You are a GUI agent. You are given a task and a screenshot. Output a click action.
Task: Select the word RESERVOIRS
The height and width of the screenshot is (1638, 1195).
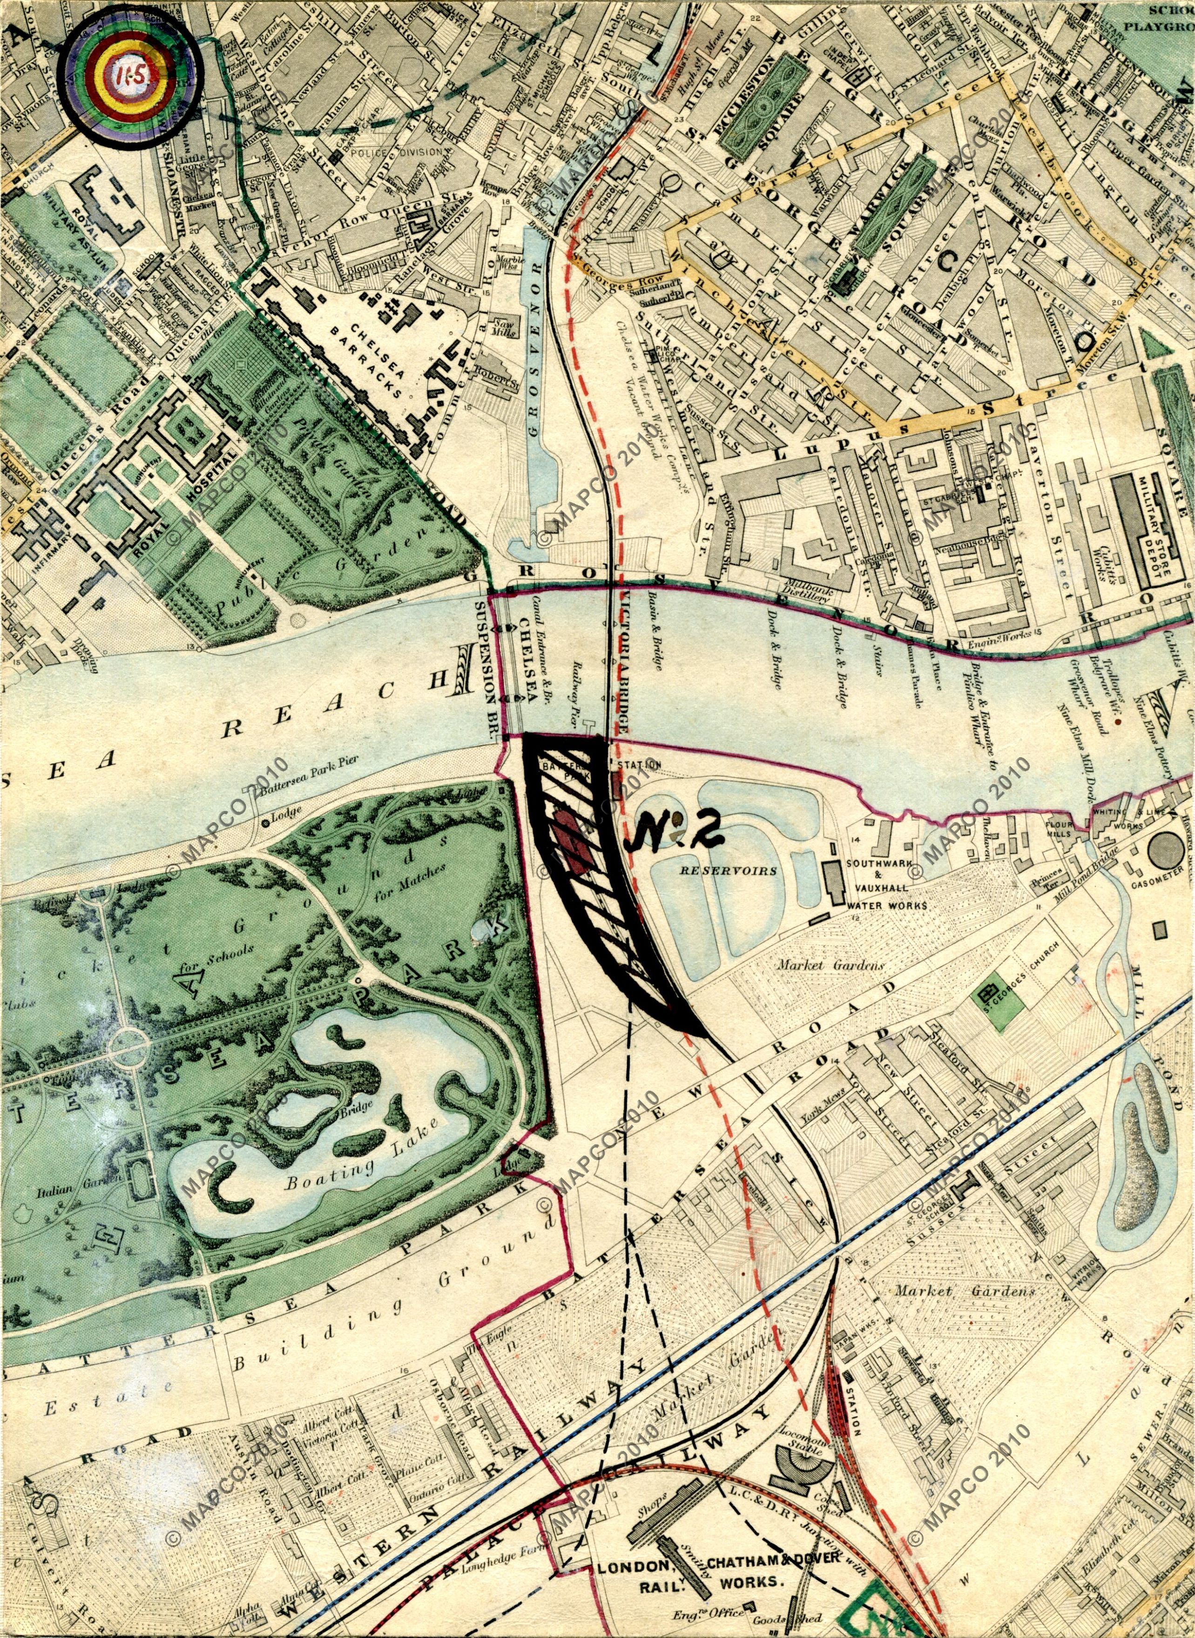(728, 870)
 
